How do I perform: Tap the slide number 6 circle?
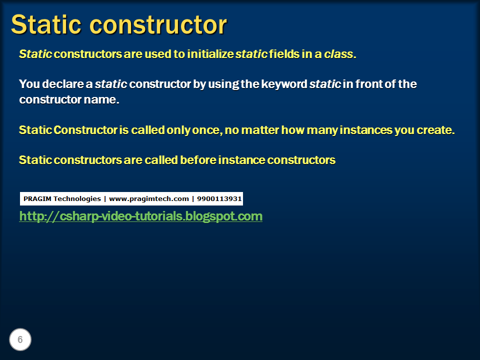20,340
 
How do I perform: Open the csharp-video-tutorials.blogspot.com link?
140,216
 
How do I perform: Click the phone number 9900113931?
219,199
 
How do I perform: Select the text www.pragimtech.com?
148,199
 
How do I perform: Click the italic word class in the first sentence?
338,54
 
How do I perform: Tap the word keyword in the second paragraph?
286,84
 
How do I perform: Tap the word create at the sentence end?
437,130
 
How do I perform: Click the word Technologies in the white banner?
77,199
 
